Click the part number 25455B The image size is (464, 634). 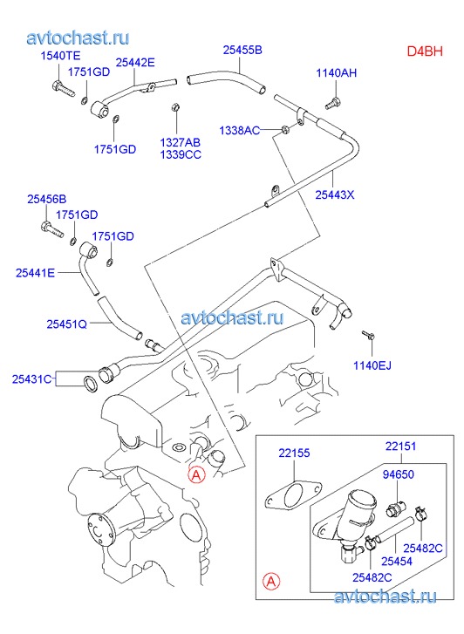pyautogui.click(x=242, y=50)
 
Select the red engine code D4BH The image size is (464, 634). pyautogui.click(x=425, y=51)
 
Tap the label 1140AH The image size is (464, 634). pyautogui.click(x=336, y=72)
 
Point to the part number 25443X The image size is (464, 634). pyautogui.click(x=335, y=194)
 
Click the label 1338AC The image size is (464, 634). pyautogui.click(x=240, y=131)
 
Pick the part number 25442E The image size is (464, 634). pyautogui.click(x=135, y=63)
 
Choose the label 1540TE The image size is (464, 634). pyautogui.click(x=60, y=56)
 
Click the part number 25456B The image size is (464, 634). pyautogui.click(x=47, y=200)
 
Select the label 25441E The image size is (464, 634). pyautogui.click(x=35, y=273)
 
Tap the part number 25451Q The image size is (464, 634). pyautogui.click(x=67, y=324)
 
